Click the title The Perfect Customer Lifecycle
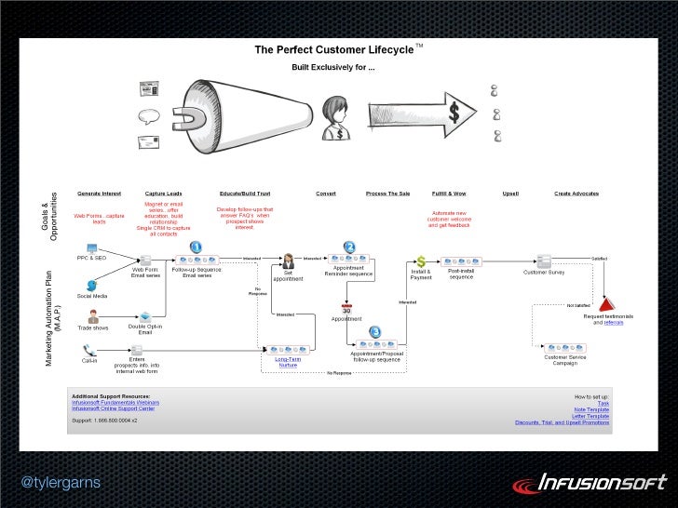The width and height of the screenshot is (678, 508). tap(334, 49)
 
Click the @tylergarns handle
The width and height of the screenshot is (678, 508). tap(60, 482)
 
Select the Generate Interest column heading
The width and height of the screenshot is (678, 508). tap(100, 194)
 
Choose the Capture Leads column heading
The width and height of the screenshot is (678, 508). tap(163, 194)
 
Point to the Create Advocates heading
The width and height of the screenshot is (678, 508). tap(576, 194)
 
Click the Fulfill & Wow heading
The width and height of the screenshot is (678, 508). tap(449, 194)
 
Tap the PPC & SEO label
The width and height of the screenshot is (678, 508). tap(92, 257)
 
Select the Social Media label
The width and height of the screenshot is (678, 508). tap(92, 295)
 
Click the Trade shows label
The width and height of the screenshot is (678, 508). tap(92, 328)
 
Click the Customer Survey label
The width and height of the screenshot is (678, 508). tap(544, 273)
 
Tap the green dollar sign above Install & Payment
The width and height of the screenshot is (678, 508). tap(421, 261)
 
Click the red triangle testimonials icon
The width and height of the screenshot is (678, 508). tap(606, 304)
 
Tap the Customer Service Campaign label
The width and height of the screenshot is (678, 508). tap(566, 360)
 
